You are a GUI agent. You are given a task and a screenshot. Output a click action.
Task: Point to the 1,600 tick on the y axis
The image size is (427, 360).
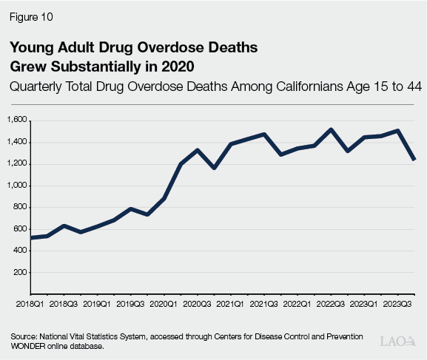point(17,120)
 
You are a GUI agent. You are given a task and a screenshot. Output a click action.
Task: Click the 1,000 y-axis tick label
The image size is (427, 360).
point(17,186)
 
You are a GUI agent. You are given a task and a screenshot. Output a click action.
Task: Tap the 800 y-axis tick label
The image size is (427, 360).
point(19,207)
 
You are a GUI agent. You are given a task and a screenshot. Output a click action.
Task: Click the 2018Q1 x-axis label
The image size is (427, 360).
point(30,304)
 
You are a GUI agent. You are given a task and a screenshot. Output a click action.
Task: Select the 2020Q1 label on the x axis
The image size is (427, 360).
point(163,304)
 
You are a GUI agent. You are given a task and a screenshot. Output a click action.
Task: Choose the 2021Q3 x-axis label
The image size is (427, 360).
point(263,304)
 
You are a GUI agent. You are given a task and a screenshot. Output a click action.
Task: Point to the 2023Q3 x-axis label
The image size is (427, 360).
point(396,304)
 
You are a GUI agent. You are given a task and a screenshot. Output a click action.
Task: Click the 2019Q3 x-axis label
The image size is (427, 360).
point(130,304)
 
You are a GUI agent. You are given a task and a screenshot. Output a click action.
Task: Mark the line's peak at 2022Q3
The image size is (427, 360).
point(330,129)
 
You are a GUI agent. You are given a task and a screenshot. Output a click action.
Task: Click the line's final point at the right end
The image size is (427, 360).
point(414,159)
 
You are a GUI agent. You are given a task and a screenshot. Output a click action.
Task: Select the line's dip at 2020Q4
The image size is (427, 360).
point(213,168)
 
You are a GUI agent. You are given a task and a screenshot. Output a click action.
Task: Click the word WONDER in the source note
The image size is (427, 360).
point(29,345)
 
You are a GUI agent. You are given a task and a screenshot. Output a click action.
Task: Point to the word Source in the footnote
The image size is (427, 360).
point(24,336)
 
